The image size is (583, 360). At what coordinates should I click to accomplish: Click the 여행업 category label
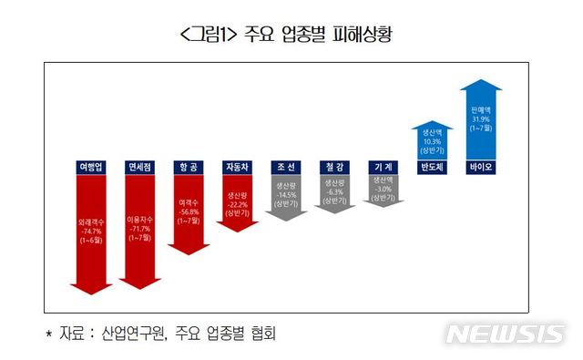click(x=92, y=167)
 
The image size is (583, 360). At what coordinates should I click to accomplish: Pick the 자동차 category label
click(x=238, y=167)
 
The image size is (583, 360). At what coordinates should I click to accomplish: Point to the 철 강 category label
click(x=334, y=167)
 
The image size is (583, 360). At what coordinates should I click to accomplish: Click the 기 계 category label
click(x=383, y=167)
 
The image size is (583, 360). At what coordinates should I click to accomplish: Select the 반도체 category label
click(x=432, y=167)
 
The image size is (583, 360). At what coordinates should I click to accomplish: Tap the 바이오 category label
click(x=480, y=167)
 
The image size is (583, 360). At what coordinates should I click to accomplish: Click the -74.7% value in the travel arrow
click(x=92, y=231)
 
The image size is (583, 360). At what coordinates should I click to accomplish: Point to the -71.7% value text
click(x=140, y=231)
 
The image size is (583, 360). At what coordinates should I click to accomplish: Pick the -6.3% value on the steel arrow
click(x=334, y=191)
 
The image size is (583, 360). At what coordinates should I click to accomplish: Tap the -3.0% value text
click(x=383, y=190)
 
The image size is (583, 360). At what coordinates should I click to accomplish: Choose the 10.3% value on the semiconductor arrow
click(x=432, y=141)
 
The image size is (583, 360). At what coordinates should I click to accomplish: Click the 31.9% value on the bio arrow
click(x=480, y=118)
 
